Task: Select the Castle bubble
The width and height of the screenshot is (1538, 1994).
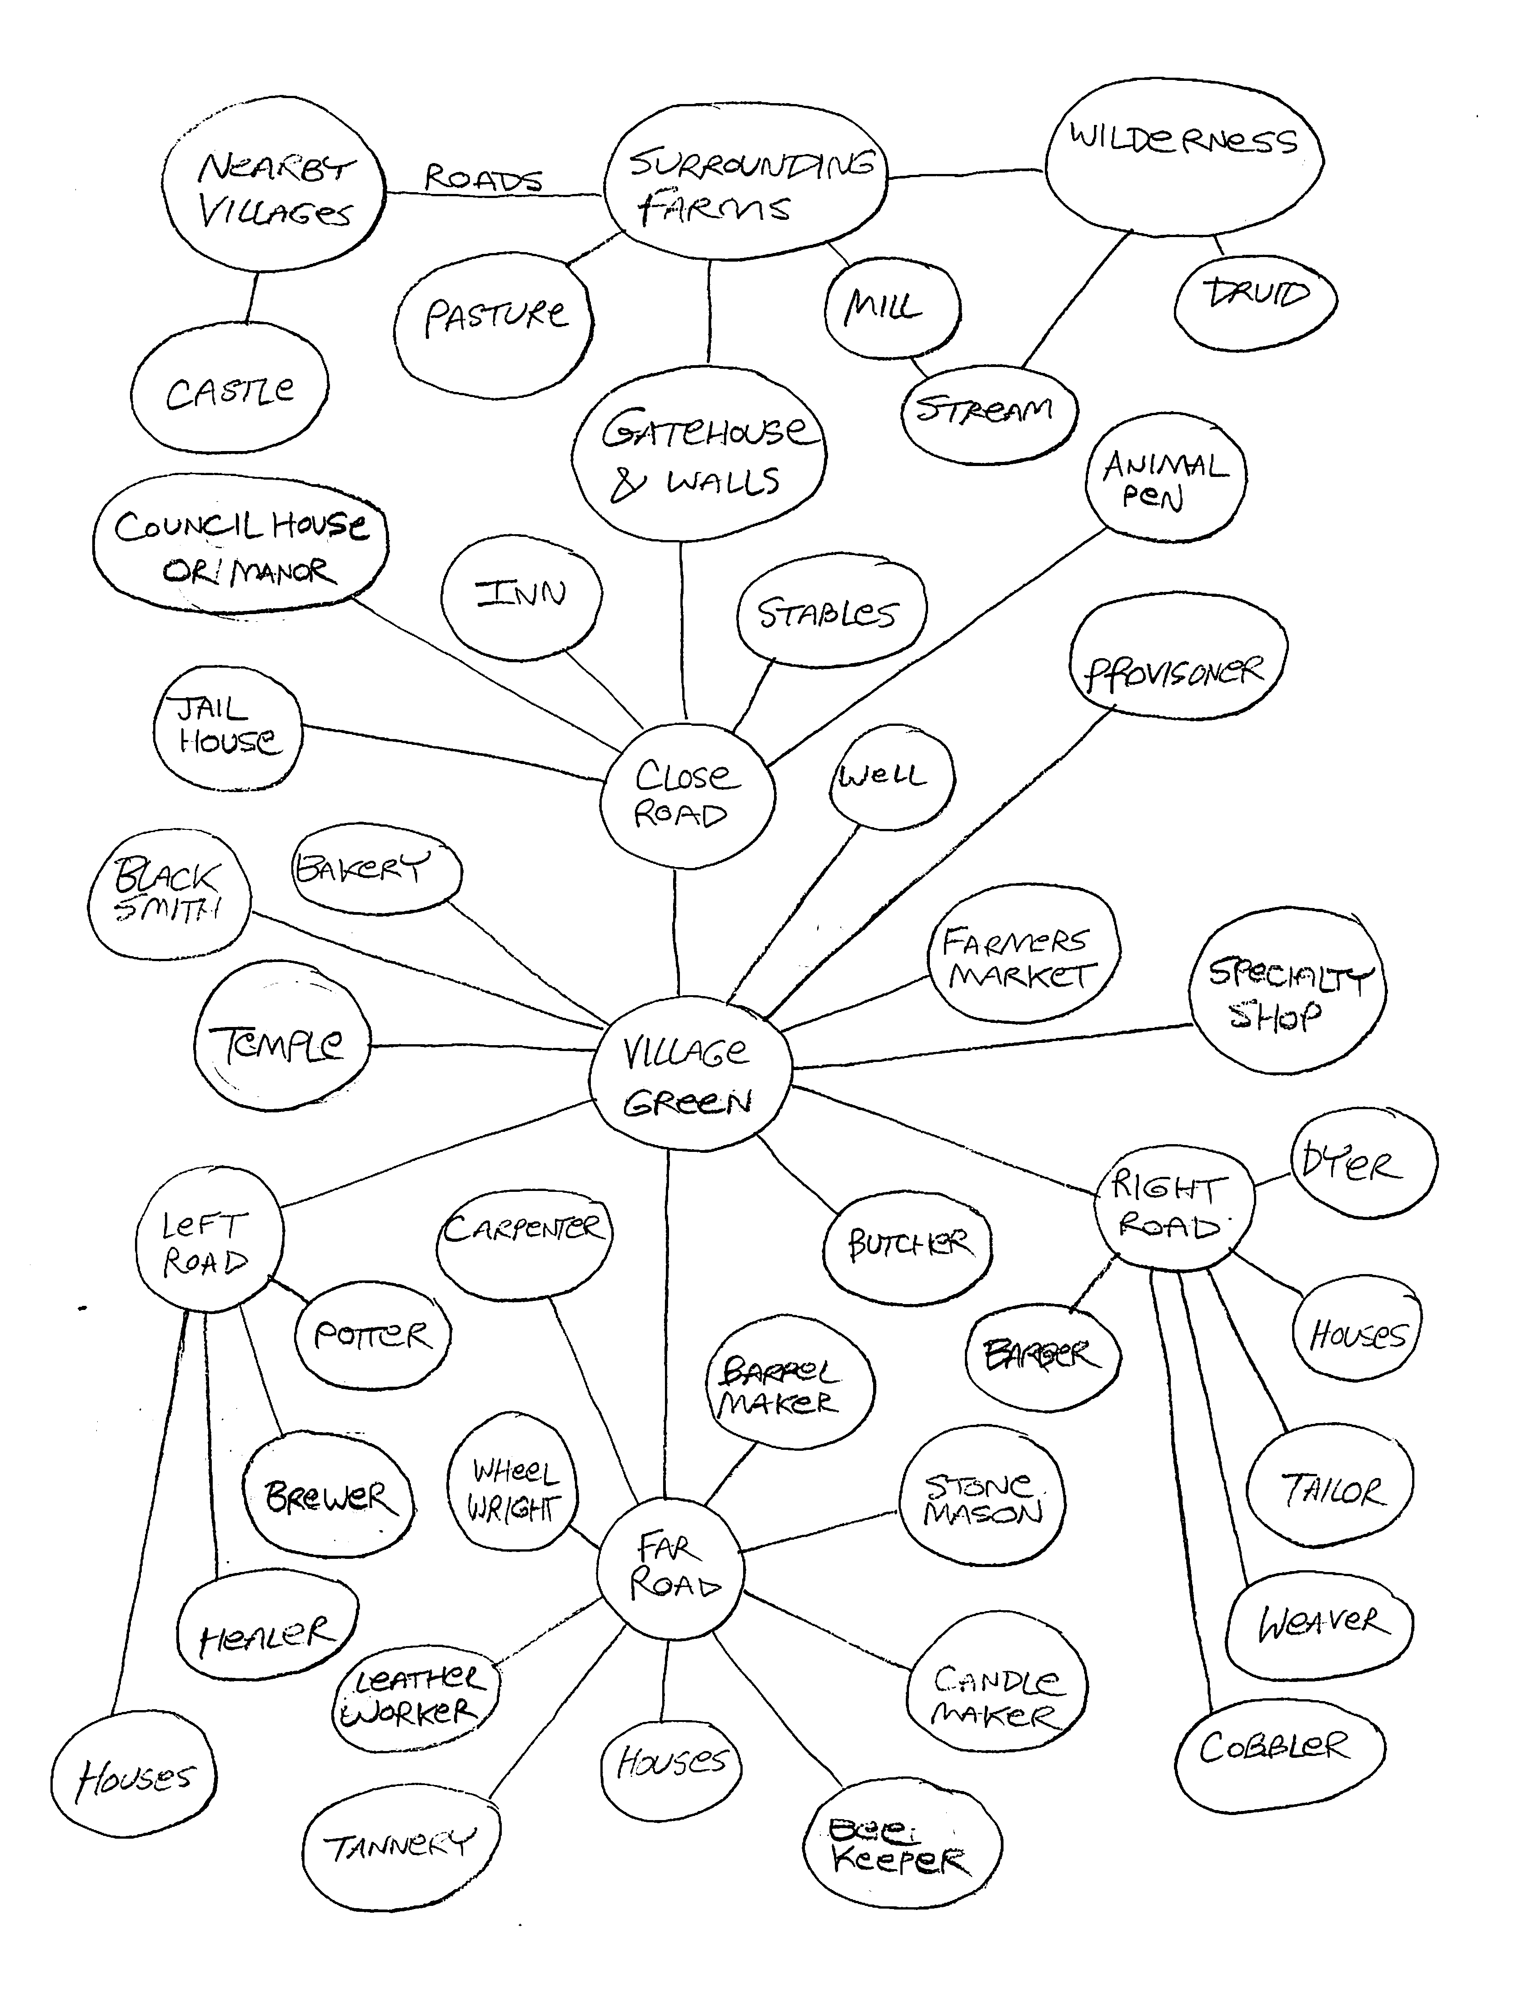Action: pyautogui.click(x=229, y=391)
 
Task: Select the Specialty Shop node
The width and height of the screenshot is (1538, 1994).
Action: pyautogui.click(x=1286, y=991)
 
